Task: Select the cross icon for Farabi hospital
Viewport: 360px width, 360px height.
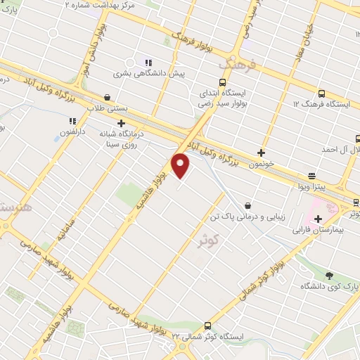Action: pyautogui.click(x=318, y=219)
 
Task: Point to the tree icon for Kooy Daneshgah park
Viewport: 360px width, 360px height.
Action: pyautogui.click(x=329, y=275)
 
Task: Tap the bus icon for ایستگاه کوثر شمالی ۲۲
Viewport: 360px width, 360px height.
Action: pyautogui.click(x=207, y=325)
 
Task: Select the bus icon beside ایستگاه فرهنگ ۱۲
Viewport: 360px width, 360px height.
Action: pyautogui.click(x=321, y=94)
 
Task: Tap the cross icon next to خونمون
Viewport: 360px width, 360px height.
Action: pyautogui.click(x=262, y=152)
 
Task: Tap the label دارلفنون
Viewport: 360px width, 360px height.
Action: pyautogui.click(x=72, y=131)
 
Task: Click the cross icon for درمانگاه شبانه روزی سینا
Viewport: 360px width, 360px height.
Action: pyautogui.click(x=121, y=123)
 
